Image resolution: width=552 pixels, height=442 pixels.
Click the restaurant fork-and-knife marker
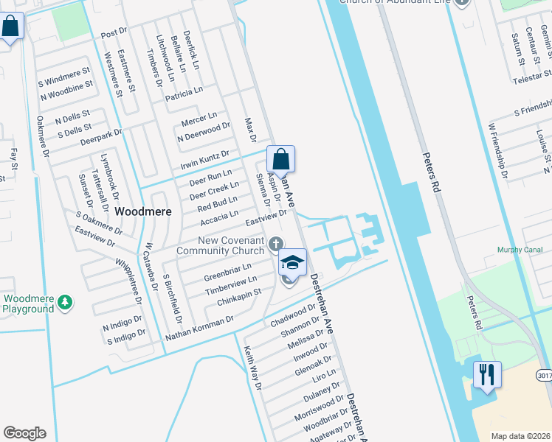click(487, 375)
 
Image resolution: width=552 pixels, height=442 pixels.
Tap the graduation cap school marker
click(292, 262)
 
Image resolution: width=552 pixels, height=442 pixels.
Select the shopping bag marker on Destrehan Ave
click(280, 159)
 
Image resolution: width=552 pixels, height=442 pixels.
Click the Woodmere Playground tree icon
click(65, 301)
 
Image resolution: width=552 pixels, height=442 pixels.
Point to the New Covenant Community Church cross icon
click(276, 244)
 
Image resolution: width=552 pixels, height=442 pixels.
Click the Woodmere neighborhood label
click(144, 211)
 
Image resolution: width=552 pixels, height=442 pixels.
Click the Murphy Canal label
click(520, 249)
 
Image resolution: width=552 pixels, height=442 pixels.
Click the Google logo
click(24, 433)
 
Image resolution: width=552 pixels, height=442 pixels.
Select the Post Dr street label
click(114, 35)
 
